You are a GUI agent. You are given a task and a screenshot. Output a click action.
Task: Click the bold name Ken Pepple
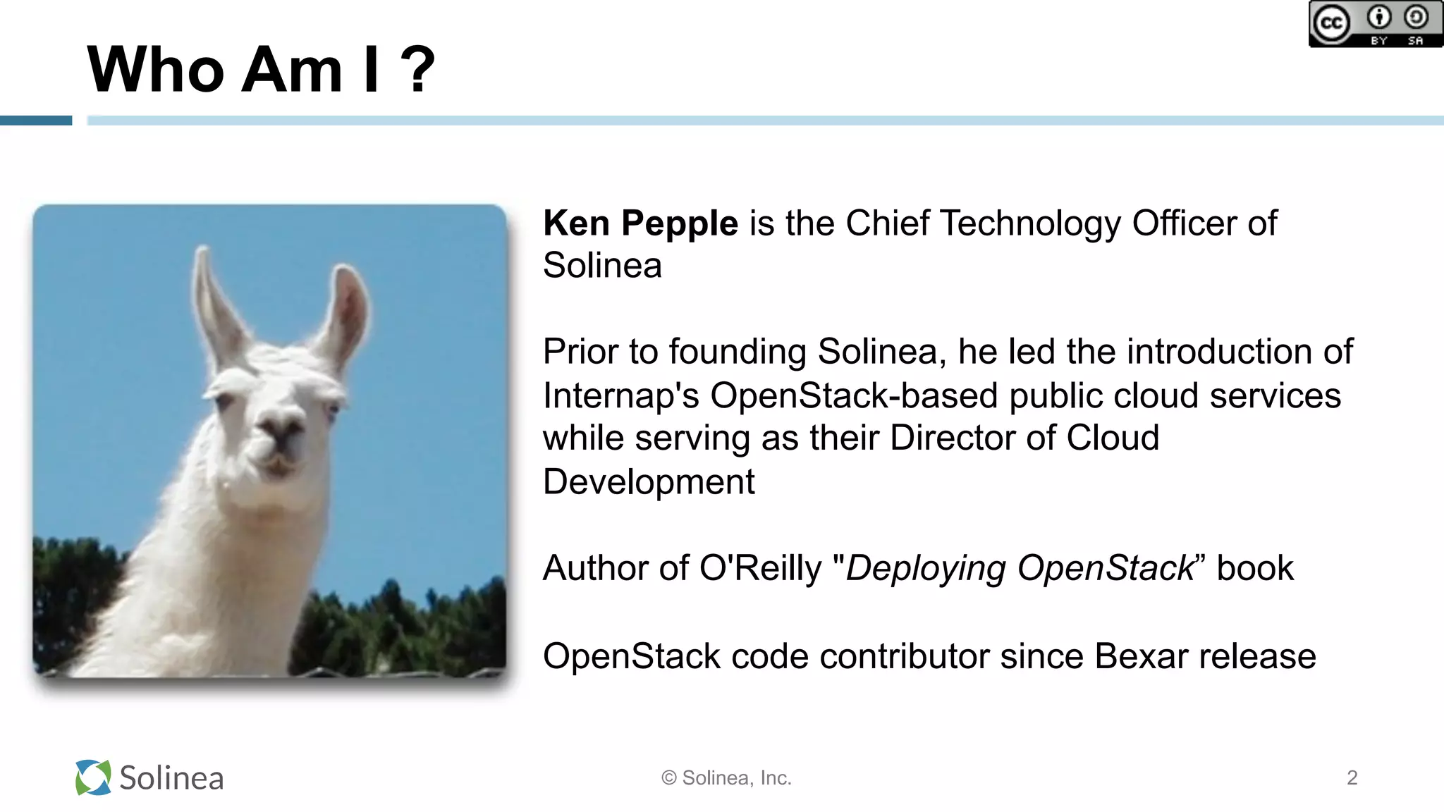coord(640,224)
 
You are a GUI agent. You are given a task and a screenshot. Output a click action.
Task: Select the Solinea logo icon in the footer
coord(93,777)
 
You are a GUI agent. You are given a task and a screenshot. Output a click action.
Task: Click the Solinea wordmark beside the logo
coord(171,778)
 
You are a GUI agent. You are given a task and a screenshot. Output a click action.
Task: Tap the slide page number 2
coord(1352,777)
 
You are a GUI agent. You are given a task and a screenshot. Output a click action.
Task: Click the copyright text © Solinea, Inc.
coord(726,778)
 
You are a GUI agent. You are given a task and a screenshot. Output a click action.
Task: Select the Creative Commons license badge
coord(1375,24)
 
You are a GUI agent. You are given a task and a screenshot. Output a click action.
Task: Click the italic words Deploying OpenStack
coord(1020,568)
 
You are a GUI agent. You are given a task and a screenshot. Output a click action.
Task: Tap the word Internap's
coord(620,395)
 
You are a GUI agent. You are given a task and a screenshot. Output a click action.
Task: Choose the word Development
coord(649,482)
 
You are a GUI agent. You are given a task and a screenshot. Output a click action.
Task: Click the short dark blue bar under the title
coord(36,121)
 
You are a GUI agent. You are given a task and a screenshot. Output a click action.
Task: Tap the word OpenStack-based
coord(854,395)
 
